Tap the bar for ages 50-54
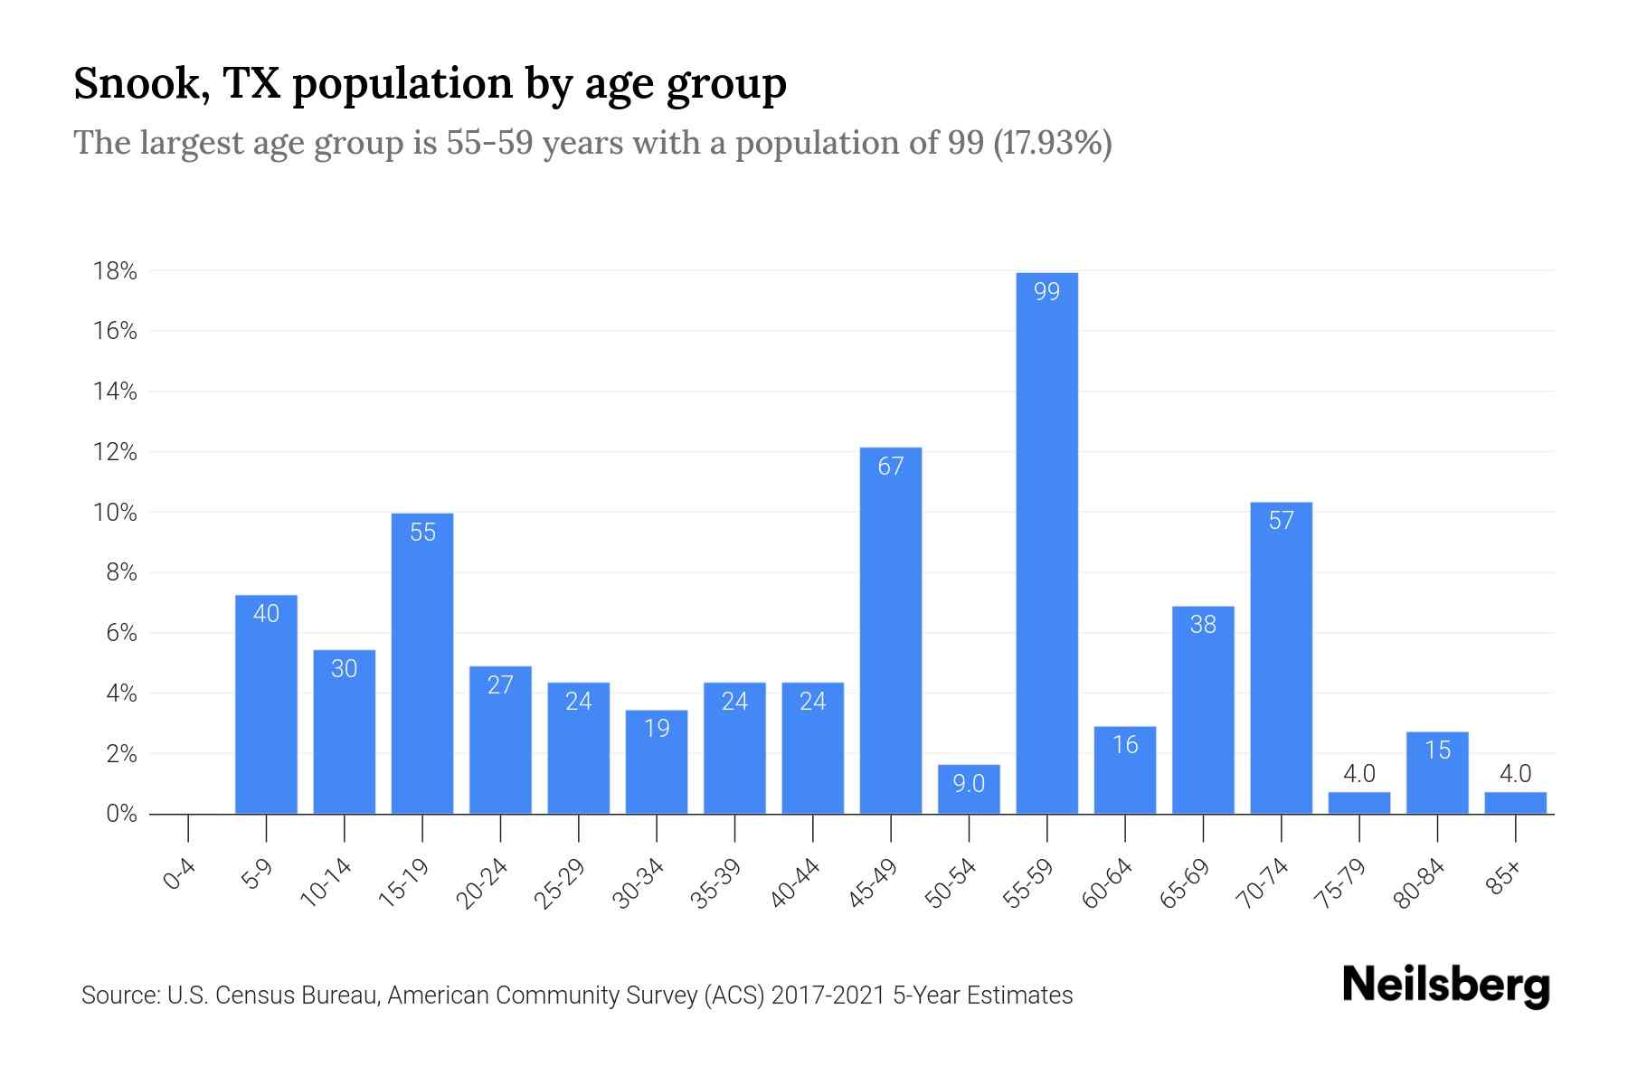[969, 790]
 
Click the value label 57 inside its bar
[1281, 521]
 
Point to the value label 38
[1203, 625]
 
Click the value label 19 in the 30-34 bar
[657, 729]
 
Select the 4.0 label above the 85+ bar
[1515, 774]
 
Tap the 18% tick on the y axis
[115, 271]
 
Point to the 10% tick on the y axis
[115, 513]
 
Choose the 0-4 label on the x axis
[180, 875]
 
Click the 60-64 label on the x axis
[1107, 883]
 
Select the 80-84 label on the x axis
[1419, 883]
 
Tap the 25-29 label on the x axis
[560, 883]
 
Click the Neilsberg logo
[1445, 986]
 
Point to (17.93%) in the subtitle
[1052, 143]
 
